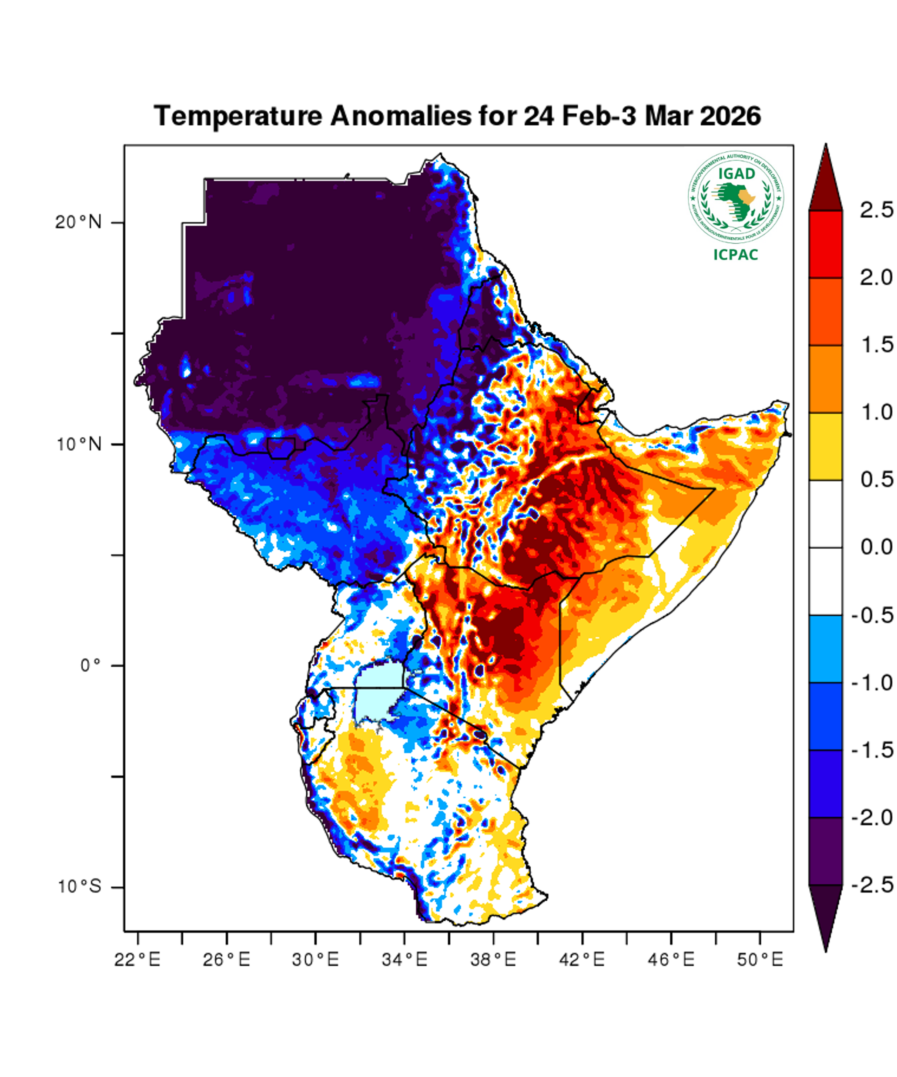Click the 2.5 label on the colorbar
pyautogui.click(x=876, y=210)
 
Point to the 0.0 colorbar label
pyautogui.click(x=876, y=547)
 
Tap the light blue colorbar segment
pyautogui.click(x=825, y=649)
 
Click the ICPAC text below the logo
pyautogui.click(x=736, y=255)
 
